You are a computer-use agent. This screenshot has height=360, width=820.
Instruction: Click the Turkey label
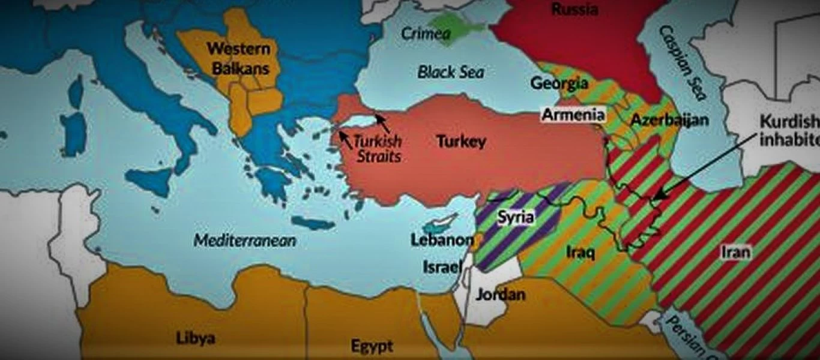460,142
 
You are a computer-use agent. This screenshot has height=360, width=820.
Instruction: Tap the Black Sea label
451,73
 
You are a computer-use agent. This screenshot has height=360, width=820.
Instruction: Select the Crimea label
426,34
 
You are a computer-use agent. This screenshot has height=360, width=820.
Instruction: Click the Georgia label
559,83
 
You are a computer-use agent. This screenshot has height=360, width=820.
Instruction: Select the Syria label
516,217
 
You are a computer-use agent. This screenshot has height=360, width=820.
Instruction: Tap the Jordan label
500,295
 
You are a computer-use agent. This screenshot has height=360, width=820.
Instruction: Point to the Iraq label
580,253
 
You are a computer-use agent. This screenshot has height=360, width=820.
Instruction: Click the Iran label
735,253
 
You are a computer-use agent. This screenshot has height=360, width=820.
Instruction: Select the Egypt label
372,346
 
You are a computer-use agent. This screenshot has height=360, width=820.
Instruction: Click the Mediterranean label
245,241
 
